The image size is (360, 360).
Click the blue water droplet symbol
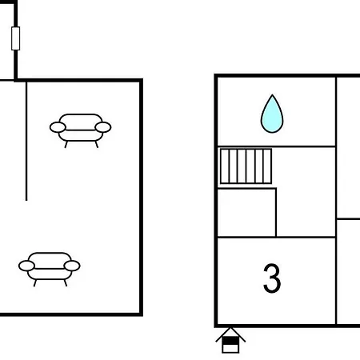272,114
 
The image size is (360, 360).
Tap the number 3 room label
272,278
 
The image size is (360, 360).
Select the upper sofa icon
81,130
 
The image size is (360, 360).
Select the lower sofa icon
50,269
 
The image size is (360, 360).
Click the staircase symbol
246,166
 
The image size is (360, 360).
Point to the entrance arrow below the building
230,340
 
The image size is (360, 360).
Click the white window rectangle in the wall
16,38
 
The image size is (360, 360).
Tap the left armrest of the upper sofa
58,127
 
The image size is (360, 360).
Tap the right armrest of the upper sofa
103,127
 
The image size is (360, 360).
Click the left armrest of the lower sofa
26,266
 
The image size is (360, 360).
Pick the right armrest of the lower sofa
72,266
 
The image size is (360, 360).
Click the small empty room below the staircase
246,213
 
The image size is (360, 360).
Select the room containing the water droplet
277,112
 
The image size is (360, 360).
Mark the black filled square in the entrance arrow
230,341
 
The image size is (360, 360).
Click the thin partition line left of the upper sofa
26,142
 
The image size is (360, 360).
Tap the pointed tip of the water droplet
272,94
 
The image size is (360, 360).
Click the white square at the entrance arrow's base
230,349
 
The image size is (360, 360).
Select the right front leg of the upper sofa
97,144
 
